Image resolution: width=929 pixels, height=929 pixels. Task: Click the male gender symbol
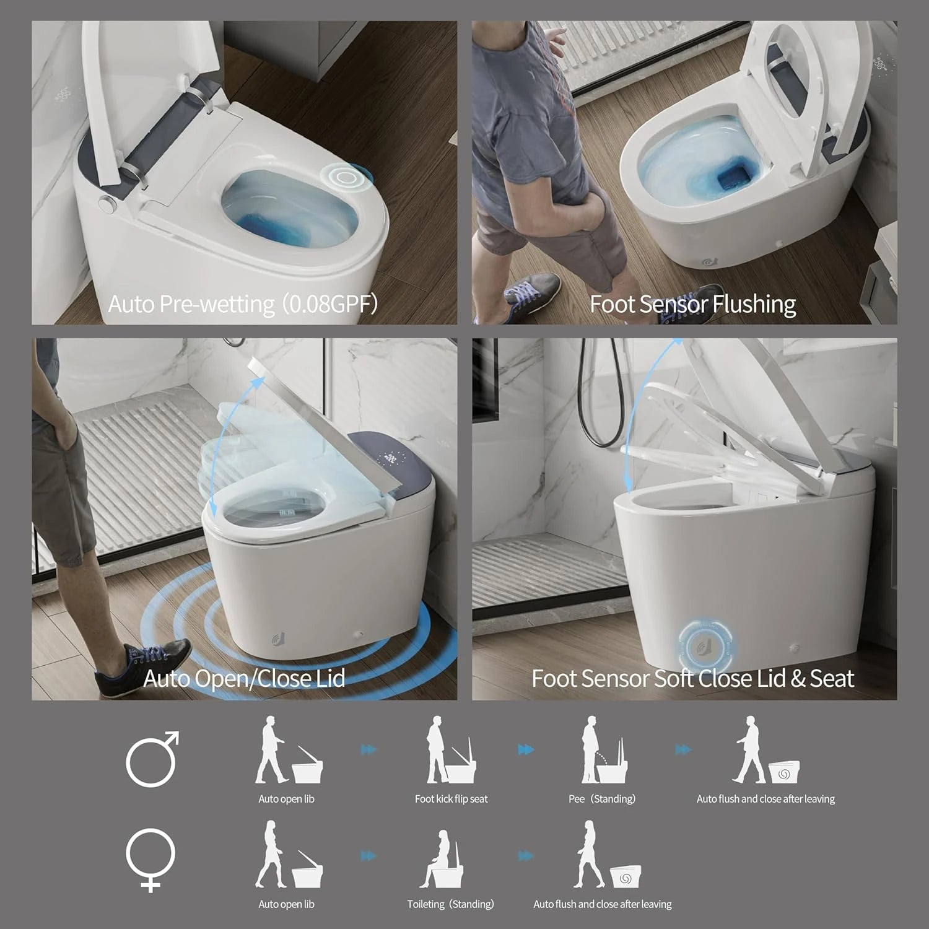tap(152, 759)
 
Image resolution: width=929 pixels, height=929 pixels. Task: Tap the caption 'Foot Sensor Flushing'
tap(692, 304)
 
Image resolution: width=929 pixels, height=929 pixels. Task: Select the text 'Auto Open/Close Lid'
tap(244, 678)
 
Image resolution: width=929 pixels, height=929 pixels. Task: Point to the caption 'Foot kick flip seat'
tap(451, 799)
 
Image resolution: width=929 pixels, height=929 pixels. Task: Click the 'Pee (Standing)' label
tap(602, 799)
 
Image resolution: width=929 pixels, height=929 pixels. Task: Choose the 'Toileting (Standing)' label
tap(450, 904)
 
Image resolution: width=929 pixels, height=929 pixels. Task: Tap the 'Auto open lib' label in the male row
tap(286, 799)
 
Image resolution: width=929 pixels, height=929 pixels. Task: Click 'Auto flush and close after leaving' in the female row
tap(602, 904)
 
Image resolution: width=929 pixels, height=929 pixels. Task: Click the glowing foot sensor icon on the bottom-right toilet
tap(707, 648)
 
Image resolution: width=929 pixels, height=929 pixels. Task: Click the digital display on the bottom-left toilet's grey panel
tap(391, 459)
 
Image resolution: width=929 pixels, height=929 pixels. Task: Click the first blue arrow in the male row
tap(369, 750)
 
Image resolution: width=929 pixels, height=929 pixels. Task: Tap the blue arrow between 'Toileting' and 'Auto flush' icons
tap(526, 857)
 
